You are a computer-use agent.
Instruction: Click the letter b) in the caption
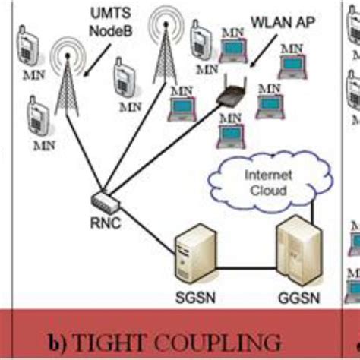pos(59,339)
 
